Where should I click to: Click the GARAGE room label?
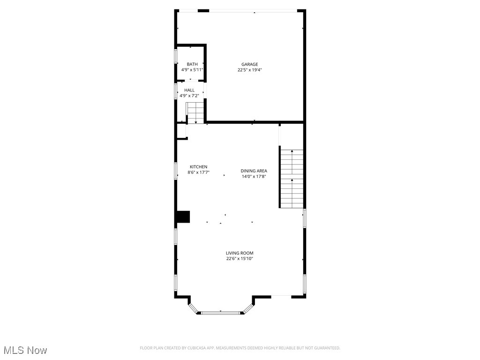point(249,64)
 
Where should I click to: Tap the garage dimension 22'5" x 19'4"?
point(249,70)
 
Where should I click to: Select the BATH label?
point(192,64)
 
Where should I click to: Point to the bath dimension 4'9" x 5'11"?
point(192,70)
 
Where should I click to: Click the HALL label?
point(189,90)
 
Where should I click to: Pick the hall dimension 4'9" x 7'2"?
point(189,96)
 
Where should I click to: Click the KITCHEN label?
point(198,167)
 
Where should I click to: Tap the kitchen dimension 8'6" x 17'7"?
point(198,172)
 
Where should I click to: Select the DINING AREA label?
point(254,171)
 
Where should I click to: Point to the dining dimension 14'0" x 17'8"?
point(254,177)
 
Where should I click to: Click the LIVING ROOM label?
point(240,253)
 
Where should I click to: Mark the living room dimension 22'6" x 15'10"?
point(240,259)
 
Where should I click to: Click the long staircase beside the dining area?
point(292,178)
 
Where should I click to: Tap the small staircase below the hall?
point(195,113)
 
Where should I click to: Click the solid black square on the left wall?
point(183,217)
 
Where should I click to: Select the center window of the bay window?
point(220,312)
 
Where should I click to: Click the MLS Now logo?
point(25,350)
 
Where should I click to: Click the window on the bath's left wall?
point(176,56)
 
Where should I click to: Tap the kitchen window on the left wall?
point(176,170)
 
